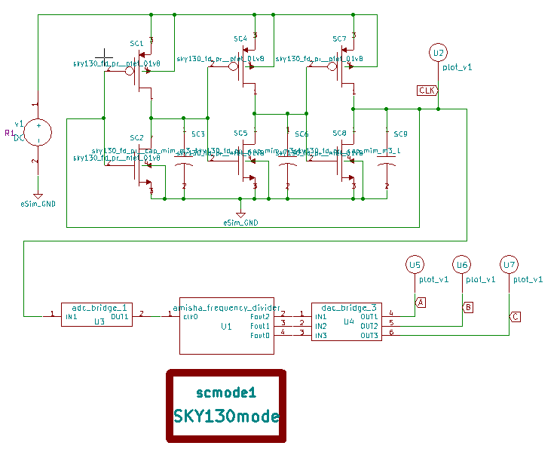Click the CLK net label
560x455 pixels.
click(x=427, y=91)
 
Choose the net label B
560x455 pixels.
click(x=468, y=308)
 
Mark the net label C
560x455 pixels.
click(x=515, y=316)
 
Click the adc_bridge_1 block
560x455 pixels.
click(x=97, y=315)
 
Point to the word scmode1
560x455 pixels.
click(x=226, y=392)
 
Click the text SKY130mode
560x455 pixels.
click(x=226, y=416)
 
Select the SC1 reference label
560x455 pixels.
click(x=136, y=45)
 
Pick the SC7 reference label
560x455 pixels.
click(x=339, y=38)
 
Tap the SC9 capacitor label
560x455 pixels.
click(x=400, y=134)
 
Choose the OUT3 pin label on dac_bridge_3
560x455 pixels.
click(x=369, y=335)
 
